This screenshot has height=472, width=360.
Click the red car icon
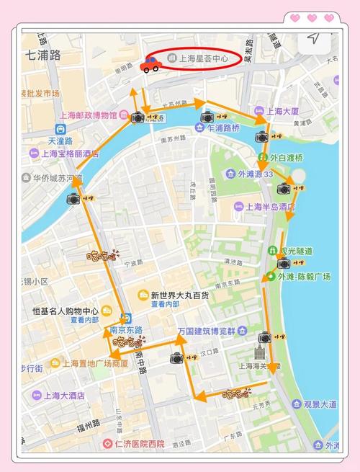coord(150,65)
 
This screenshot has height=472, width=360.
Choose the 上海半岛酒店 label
coord(270,207)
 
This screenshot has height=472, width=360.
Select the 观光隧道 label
coord(297,251)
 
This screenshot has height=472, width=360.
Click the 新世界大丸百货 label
coord(180,295)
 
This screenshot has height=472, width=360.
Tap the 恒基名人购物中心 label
coord(66,311)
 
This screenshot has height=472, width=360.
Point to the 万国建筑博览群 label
coord(207,331)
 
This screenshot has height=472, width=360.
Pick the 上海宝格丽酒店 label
coord(71,153)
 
